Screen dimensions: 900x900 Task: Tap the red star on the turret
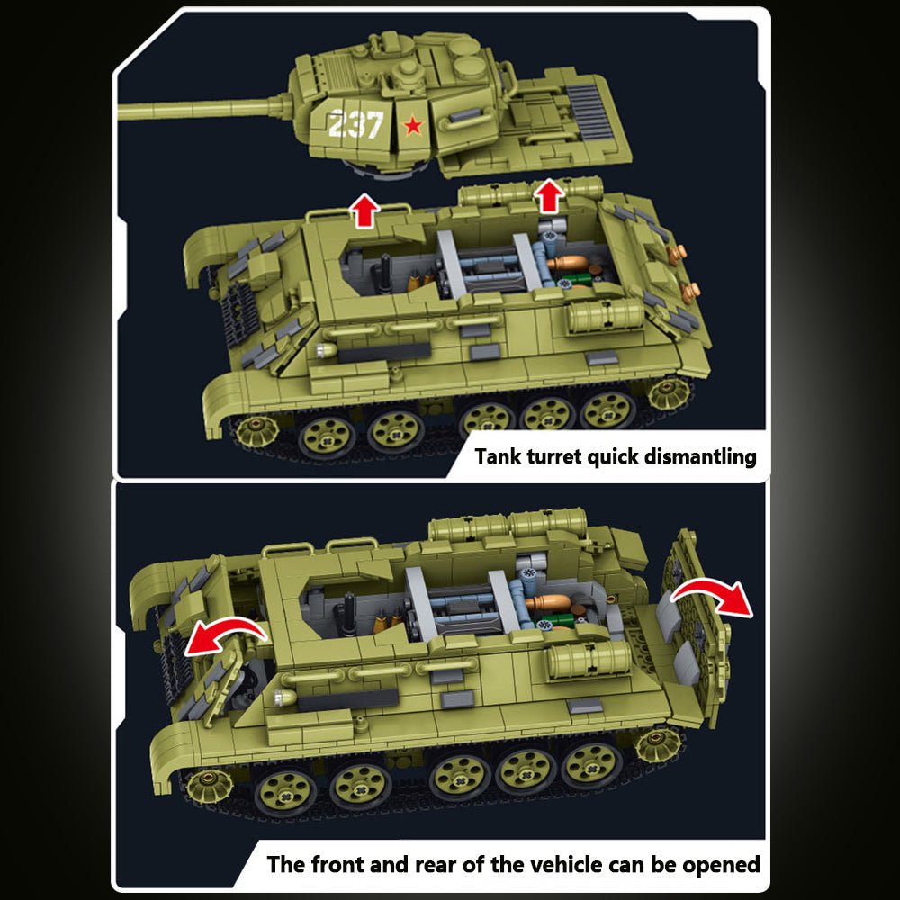pos(412,126)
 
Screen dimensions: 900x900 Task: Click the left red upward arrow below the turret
pos(364,210)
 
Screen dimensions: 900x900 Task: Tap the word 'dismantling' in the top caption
pos(700,456)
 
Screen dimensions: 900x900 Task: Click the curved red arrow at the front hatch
pos(225,634)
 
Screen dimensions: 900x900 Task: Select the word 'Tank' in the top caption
pos(499,456)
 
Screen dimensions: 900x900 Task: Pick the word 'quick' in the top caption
pos(612,456)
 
